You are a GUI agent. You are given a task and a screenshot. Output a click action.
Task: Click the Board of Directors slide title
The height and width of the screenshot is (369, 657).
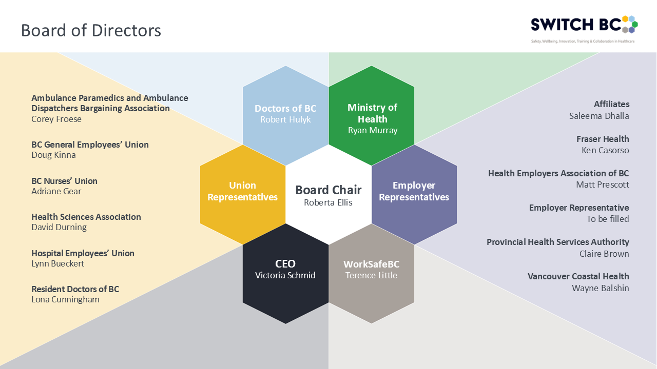pos(91,30)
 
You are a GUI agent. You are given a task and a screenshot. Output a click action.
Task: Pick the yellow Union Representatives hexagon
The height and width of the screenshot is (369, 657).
pos(242,191)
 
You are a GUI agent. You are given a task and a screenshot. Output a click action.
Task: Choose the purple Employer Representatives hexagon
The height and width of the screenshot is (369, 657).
pos(414,191)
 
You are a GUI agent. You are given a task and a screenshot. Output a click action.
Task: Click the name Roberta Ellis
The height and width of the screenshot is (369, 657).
pos(328,202)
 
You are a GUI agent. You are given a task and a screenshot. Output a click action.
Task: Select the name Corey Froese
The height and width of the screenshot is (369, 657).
pos(56,119)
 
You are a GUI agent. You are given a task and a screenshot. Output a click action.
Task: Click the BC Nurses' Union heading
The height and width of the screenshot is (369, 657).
pos(64,181)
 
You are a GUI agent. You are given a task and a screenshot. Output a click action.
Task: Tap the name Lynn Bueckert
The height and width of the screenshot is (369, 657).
pos(57,264)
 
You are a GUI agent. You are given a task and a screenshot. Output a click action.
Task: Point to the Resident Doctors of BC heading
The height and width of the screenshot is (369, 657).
pos(75,289)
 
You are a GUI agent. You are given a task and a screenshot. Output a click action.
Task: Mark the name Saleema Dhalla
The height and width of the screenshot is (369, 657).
pos(599,116)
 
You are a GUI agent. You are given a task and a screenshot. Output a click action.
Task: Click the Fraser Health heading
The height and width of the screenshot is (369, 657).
pos(603,139)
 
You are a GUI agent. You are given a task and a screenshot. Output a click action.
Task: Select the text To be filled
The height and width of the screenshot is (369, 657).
pos(608,219)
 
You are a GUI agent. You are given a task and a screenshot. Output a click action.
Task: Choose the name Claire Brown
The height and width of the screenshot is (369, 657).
pos(604,254)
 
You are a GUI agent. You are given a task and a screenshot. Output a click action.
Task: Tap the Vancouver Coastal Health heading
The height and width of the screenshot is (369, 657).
pos(578,276)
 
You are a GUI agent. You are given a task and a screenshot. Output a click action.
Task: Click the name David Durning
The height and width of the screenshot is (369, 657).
pos(59,227)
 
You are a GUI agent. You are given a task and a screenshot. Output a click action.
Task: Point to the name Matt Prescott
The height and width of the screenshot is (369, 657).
pos(603,184)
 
